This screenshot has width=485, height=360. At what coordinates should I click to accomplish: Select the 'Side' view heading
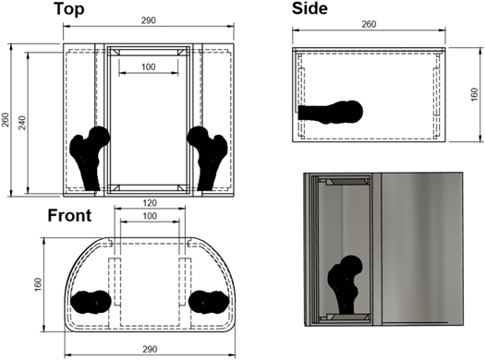coord(317,9)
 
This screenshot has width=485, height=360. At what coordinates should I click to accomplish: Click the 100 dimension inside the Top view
coord(148,66)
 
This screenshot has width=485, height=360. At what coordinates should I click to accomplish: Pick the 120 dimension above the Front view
coord(149,202)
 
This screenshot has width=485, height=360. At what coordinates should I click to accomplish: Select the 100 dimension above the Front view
coord(149,215)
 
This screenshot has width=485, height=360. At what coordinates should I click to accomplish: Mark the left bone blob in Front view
coord(91,303)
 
